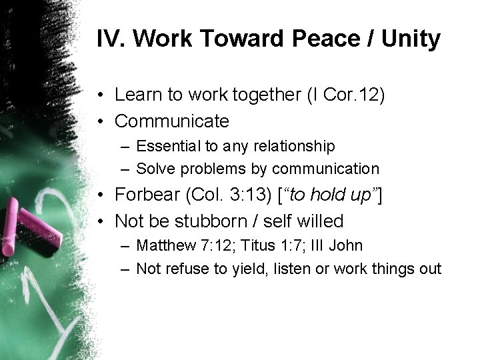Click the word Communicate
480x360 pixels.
coord(172,121)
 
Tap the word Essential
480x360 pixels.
coord(167,145)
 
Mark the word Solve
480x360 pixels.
coord(154,169)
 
